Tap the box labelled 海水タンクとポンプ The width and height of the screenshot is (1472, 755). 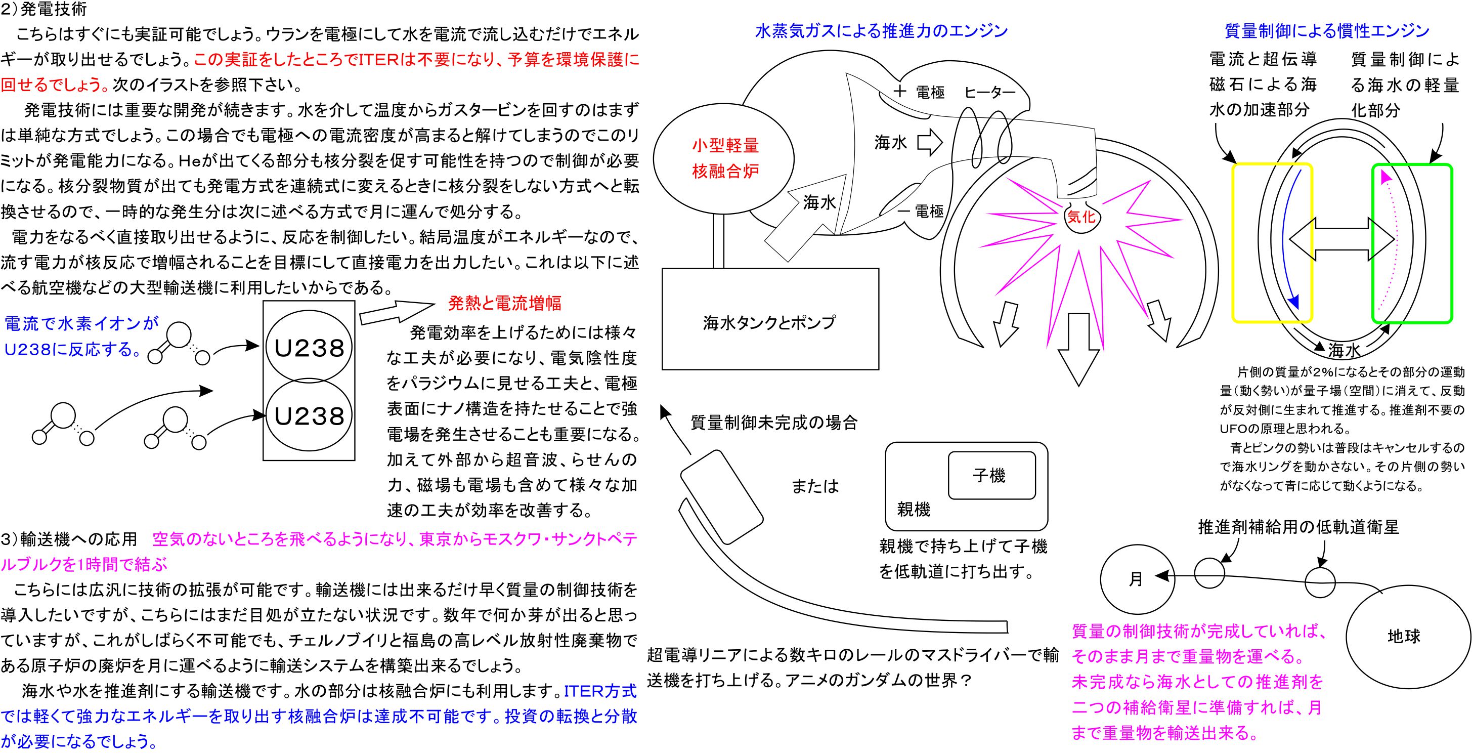(x=769, y=322)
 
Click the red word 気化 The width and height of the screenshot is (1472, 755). (x=1080, y=217)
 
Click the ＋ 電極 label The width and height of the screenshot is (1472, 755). (x=918, y=92)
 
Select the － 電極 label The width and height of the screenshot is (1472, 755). (x=921, y=212)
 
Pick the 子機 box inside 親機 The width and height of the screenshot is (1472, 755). (x=991, y=475)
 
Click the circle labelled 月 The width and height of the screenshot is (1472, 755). (x=1136, y=579)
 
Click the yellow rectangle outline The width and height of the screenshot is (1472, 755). (x=1234, y=243)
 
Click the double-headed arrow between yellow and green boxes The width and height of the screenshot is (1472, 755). (x=1341, y=238)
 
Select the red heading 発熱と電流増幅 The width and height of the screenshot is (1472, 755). (x=504, y=303)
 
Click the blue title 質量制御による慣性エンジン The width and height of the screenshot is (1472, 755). (x=1327, y=31)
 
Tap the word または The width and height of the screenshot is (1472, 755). (x=815, y=486)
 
